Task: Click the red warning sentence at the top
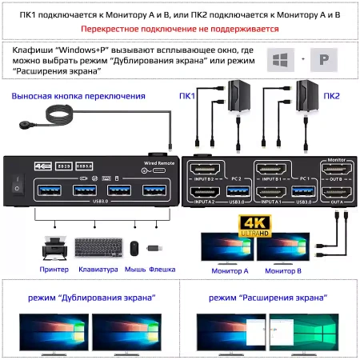pyautogui.click(x=179, y=29)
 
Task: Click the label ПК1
pyautogui.click(x=186, y=96)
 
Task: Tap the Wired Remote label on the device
pyautogui.click(x=157, y=162)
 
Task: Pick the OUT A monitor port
pyautogui.click(x=336, y=192)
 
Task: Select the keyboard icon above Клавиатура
pyautogui.click(x=98, y=249)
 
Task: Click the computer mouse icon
pyautogui.click(x=134, y=249)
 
